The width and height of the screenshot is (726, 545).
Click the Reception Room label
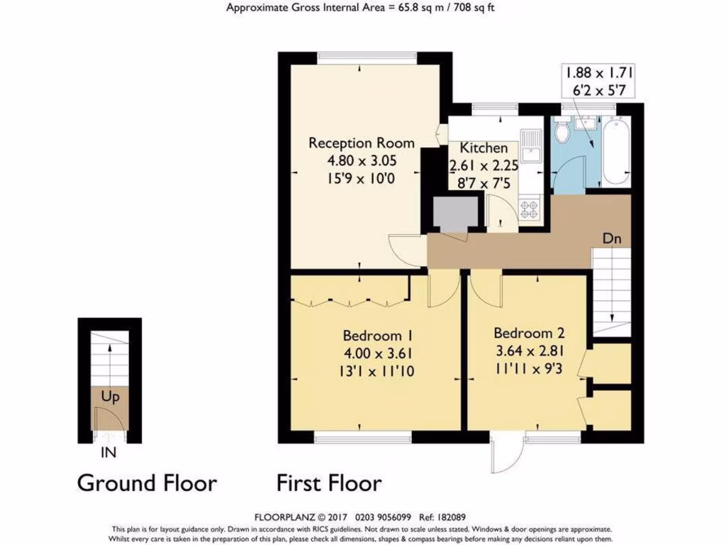tap(352, 143)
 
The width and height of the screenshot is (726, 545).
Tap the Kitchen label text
tap(484, 148)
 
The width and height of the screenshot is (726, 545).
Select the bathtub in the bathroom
tap(615, 152)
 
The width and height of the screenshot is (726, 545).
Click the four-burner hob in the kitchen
tap(530, 208)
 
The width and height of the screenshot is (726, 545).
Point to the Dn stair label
tap(612, 239)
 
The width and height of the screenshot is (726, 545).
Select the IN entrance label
tap(108, 451)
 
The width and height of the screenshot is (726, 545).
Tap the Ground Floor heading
tap(146, 483)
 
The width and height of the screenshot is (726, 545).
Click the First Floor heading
tap(329, 483)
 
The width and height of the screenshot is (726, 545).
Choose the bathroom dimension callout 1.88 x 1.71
tap(598, 72)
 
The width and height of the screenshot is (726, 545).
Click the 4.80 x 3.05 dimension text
tap(352, 160)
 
